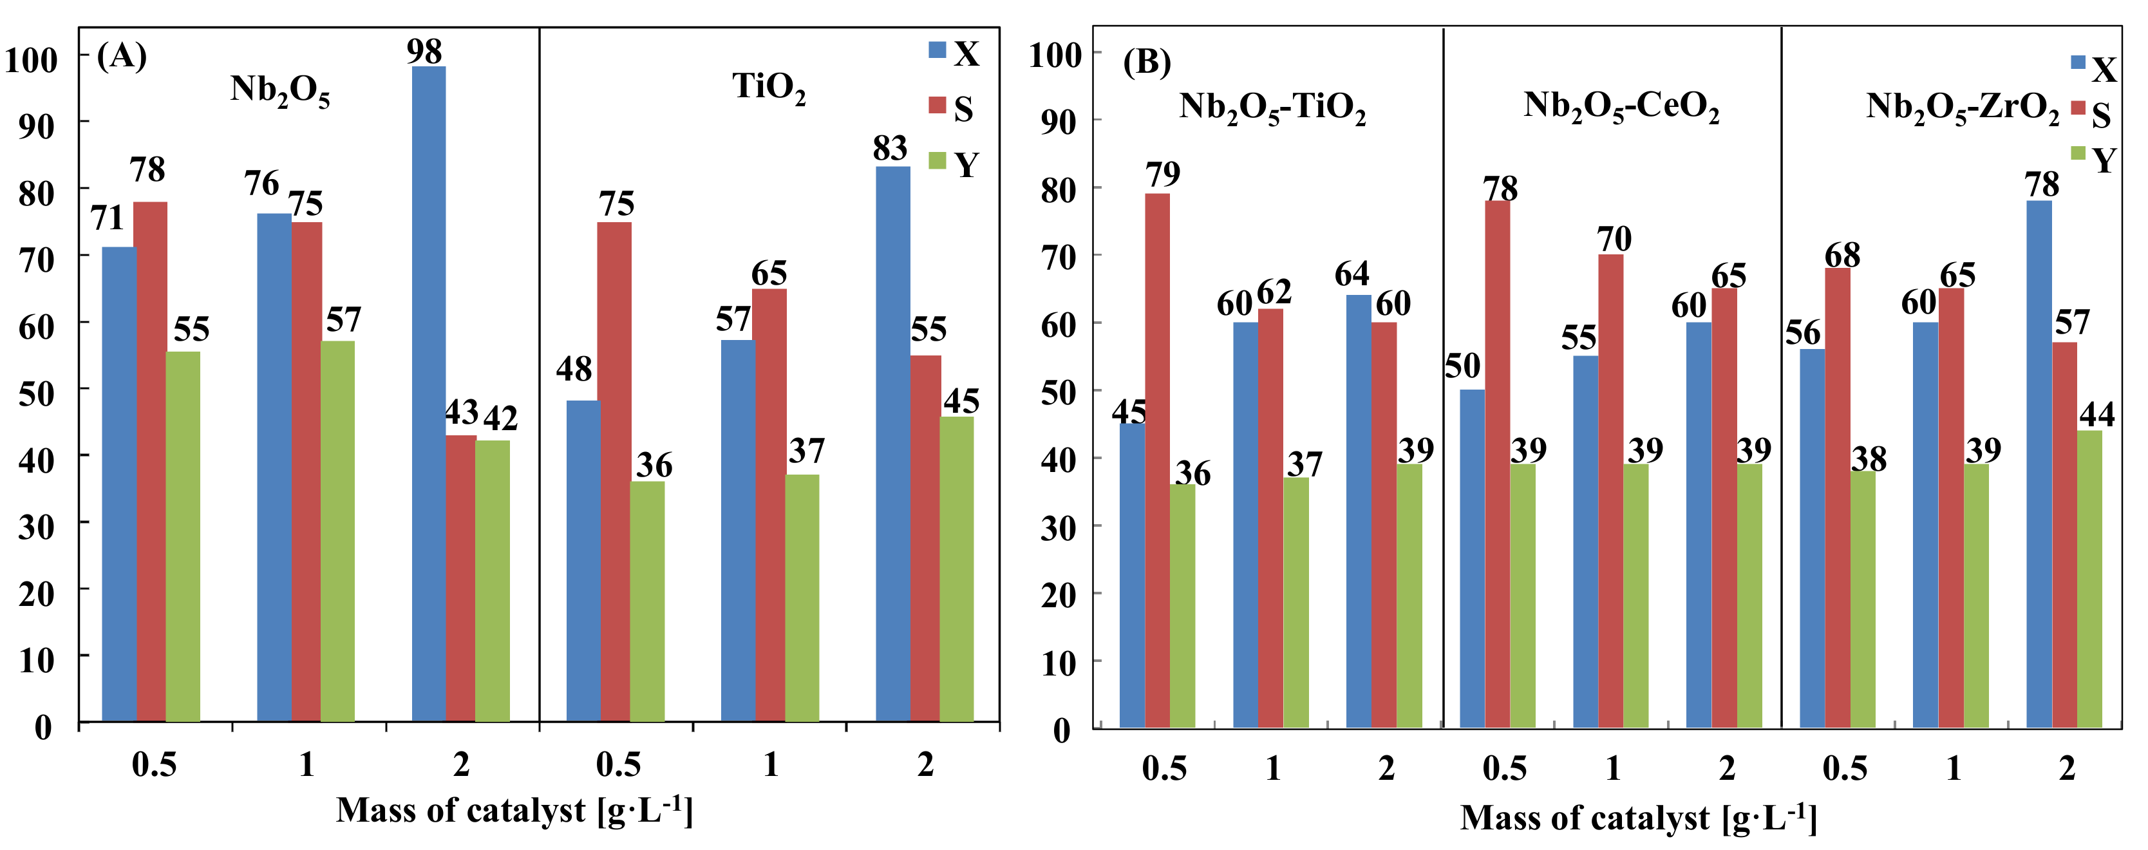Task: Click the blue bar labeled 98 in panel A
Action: click(429, 392)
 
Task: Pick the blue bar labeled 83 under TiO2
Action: click(893, 442)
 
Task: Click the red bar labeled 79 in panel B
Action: click(1158, 458)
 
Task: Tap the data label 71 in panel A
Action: click(107, 218)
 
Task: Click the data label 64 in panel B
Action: click(1352, 274)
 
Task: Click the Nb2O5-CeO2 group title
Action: click(1621, 107)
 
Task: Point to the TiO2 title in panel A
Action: click(769, 88)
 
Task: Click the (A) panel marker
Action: click(122, 56)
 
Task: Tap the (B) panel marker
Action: click(1147, 62)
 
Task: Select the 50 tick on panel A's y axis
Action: click(37, 393)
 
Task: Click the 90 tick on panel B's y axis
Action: click(1060, 122)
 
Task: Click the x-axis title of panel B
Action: click(1637, 817)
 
